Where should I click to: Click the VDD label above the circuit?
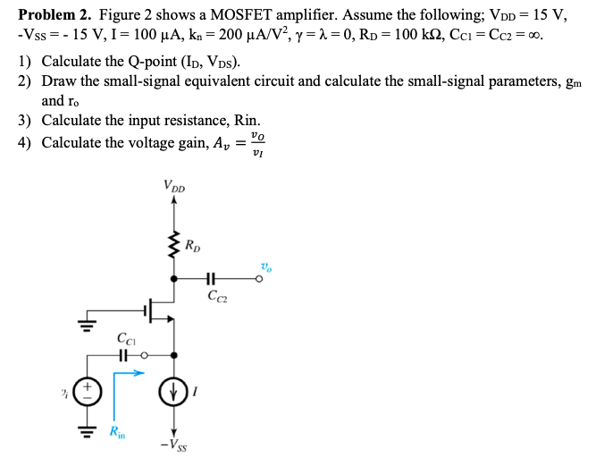174,187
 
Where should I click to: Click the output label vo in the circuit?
265,266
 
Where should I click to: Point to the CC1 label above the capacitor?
126,338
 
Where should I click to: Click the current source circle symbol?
173,391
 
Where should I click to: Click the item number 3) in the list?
26,120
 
